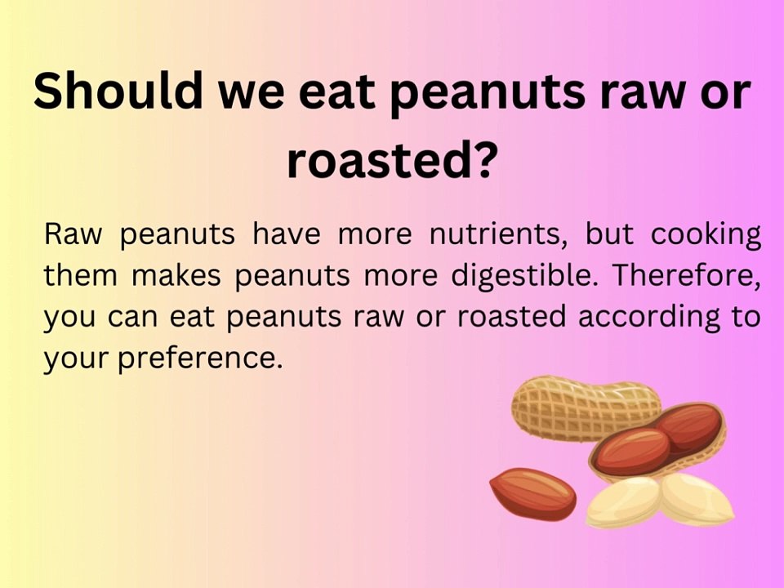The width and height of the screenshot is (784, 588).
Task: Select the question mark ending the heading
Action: coord(482,159)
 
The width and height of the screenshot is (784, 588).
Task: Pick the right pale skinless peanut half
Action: coord(696,498)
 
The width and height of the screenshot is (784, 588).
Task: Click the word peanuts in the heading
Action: coord(486,91)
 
